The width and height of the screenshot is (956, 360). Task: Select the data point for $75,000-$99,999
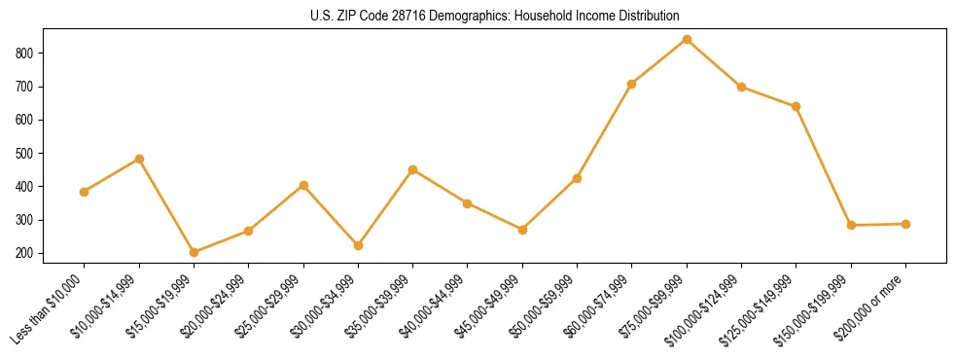pyautogui.click(x=687, y=39)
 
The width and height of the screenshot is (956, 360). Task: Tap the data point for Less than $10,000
pyautogui.click(x=85, y=192)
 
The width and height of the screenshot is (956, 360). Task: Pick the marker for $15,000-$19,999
pyautogui.click(x=195, y=252)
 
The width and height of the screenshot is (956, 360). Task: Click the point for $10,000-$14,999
pyautogui.click(x=139, y=159)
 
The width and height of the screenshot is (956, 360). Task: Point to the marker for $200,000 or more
pyautogui.click(x=905, y=224)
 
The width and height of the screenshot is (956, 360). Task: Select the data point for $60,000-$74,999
pyautogui.click(x=631, y=85)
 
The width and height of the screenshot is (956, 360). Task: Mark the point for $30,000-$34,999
pyautogui.click(x=358, y=245)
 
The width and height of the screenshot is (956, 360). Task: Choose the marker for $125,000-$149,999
pyautogui.click(x=797, y=106)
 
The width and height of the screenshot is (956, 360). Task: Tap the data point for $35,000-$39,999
pyautogui.click(x=413, y=169)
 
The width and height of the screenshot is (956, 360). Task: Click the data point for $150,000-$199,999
pyautogui.click(x=851, y=225)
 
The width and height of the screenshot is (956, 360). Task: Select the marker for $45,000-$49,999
pyautogui.click(x=522, y=230)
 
